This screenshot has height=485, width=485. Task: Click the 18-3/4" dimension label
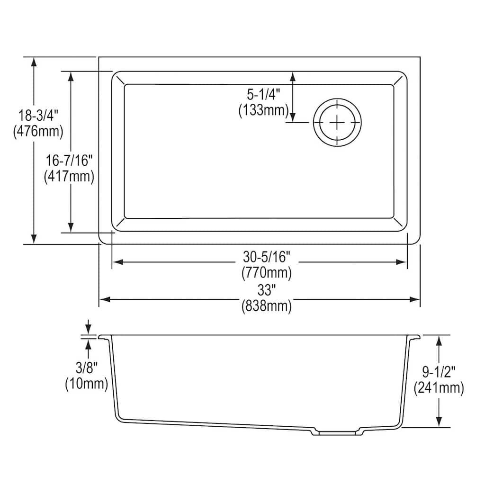(x=38, y=115)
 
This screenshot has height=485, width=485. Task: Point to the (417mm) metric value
(x=69, y=177)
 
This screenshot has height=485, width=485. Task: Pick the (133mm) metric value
(x=264, y=110)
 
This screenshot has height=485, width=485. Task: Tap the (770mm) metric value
(x=266, y=273)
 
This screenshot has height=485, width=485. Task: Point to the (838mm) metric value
(x=266, y=307)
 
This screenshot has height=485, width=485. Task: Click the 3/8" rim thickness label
(x=87, y=367)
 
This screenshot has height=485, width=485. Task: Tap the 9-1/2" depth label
(x=439, y=372)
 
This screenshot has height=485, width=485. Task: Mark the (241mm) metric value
(x=439, y=388)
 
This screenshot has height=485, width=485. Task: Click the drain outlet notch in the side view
(x=337, y=432)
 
